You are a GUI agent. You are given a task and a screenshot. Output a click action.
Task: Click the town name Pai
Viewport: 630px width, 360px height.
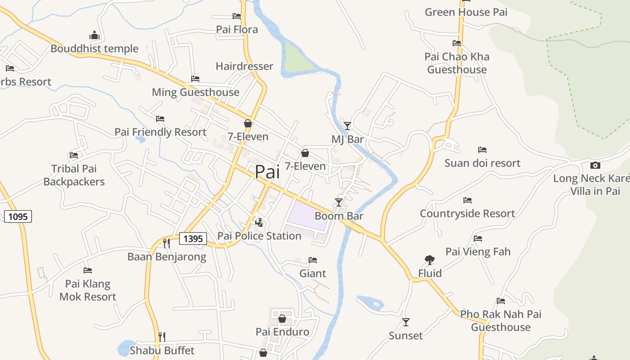(267, 172)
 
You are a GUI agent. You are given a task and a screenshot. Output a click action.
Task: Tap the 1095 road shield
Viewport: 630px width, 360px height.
(18, 216)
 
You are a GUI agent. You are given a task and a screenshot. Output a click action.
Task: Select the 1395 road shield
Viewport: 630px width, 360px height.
(193, 238)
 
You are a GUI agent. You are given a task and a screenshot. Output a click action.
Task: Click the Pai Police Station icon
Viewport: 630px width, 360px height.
(259, 222)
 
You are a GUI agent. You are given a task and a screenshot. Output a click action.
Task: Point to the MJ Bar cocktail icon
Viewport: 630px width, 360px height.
(347, 126)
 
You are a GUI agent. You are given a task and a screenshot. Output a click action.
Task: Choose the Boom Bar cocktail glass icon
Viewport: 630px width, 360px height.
(339, 202)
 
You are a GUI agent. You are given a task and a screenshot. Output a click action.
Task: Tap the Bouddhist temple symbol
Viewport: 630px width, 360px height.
(94, 35)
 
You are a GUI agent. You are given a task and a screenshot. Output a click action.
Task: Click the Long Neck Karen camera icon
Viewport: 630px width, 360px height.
(595, 165)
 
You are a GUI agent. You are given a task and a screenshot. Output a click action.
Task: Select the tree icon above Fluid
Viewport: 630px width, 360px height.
(429, 260)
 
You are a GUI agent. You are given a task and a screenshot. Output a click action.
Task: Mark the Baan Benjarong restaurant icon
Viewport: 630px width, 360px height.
(166, 243)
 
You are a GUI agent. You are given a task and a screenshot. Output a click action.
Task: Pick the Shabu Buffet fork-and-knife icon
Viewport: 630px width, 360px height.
(162, 337)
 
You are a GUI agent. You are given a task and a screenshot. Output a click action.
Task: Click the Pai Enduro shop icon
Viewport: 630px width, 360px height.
(282, 319)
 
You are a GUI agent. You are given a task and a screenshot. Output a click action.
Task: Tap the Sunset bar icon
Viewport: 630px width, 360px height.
(406, 322)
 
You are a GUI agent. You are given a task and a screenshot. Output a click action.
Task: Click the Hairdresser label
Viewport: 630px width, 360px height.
(244, 66)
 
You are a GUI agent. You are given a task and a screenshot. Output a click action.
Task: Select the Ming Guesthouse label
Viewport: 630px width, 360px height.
(195, 92)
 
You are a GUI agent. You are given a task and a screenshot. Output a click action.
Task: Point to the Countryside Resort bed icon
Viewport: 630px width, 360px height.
(468, 200)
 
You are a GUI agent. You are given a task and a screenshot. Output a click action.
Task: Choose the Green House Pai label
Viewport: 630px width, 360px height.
(466, 12)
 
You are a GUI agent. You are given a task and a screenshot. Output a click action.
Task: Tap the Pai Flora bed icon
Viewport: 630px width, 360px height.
(237, 16)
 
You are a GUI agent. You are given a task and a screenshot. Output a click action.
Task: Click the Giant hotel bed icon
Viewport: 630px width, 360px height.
(313, 260)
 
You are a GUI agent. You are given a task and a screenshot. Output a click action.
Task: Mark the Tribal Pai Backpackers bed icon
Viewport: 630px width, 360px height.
(74, 155)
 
